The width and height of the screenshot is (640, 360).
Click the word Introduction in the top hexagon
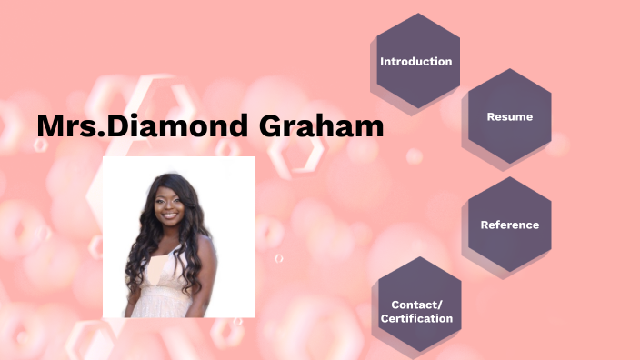(415, 62)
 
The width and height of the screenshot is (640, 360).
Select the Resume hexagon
(509, 116)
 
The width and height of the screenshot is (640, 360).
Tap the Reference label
(509, 225)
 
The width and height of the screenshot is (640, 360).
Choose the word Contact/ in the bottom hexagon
(416, 305)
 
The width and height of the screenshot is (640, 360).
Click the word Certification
(416, 318)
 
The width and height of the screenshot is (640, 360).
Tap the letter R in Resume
(491, 116)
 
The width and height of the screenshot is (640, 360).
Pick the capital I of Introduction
(382, 62)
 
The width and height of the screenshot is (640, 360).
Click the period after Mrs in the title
(98, 135)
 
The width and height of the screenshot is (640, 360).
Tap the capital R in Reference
(484, 225)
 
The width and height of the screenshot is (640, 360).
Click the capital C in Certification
(384, 318)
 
